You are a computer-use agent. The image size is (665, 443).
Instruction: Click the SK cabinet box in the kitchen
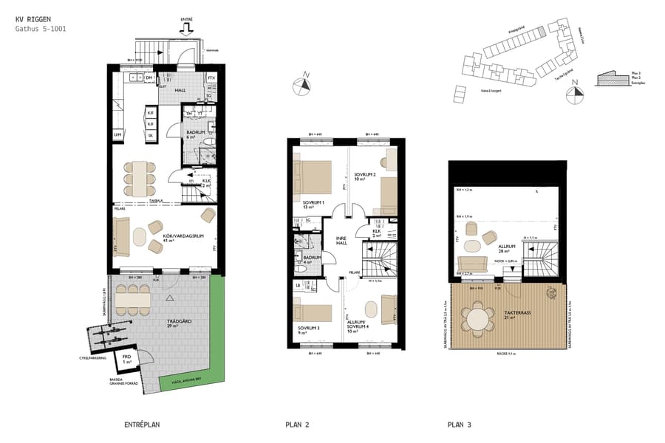pos(151,135)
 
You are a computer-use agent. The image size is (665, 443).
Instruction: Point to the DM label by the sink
pos(149,78)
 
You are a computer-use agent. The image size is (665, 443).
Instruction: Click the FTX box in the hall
pos(211,78)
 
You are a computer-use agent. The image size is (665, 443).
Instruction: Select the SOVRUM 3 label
pos(309,329)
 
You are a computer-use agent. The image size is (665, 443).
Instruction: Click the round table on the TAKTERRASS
pos(477,320)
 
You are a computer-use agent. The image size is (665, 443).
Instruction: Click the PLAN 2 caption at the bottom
pos(297,425)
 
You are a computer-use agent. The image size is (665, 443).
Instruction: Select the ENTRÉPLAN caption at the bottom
pos(142,425)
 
